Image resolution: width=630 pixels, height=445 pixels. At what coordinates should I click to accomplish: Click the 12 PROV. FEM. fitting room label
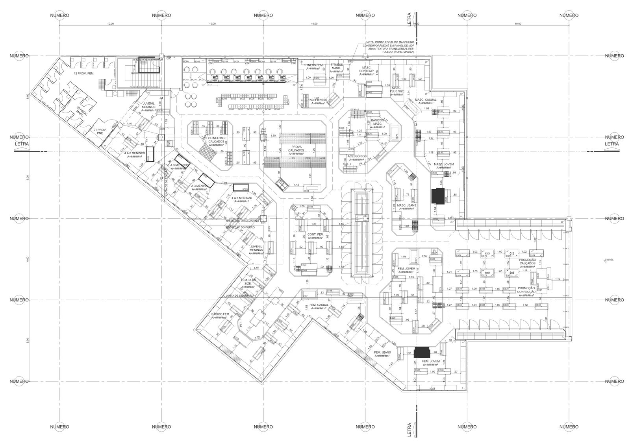pyautogui.click(x=84, y=74)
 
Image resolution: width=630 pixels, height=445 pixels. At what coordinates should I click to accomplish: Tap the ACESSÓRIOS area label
pyautogui.click(x=357, y=157)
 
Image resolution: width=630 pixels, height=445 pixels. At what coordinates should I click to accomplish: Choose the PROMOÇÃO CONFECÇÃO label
pyautogui.click(x=527, y=290)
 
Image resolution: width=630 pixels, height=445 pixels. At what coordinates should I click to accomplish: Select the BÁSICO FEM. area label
pyautogui.click(x=220, y=316)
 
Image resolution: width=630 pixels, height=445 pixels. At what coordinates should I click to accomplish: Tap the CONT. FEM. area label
pyautogui.click(x=315, y=236)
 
